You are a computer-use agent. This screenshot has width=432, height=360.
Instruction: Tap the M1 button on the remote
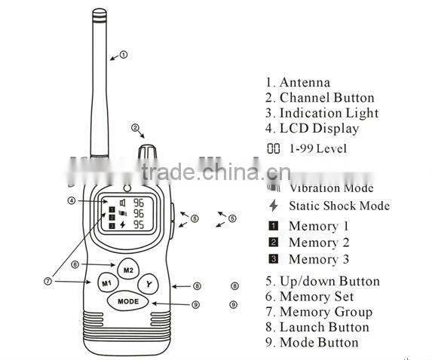[106, 284]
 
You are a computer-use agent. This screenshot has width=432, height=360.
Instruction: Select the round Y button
[149, 284]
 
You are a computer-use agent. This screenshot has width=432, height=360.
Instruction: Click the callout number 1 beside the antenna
[124, 54]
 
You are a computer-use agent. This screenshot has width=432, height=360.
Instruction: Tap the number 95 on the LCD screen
[139, 224]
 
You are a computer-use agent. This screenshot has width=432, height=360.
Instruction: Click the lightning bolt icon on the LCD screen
[123, 224]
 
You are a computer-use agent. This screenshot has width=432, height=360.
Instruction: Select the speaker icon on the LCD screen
[122, 202]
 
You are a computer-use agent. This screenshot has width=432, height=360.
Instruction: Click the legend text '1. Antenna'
[297, 82]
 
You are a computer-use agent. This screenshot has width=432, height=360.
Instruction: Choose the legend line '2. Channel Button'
[319, 97]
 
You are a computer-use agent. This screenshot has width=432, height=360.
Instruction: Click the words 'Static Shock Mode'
[339, 206]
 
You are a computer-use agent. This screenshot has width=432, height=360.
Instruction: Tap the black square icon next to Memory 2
[274, 243]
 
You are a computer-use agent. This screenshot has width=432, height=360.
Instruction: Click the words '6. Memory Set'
[309, 296]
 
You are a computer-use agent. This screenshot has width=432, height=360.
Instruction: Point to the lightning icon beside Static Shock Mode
[273, 206]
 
